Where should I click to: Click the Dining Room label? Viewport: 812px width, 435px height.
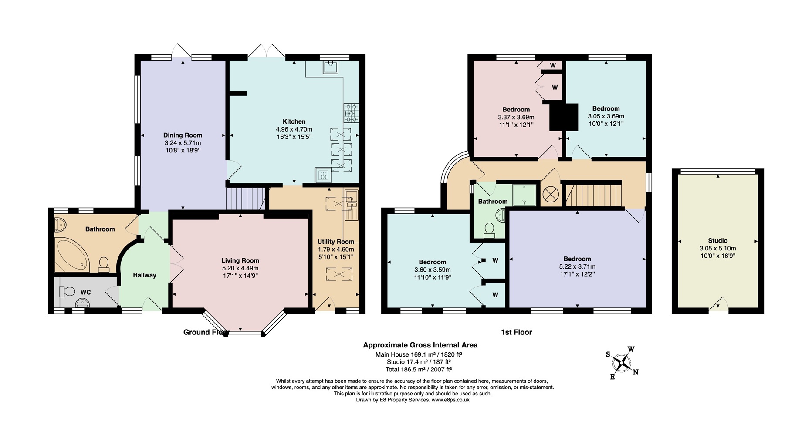[183, 135]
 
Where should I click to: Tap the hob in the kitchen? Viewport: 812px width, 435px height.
[351, 113]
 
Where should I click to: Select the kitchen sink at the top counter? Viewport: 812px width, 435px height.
[330, 67]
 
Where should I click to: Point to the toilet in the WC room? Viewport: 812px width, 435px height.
[68, 290]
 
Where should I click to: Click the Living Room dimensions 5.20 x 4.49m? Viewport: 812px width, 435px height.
[240, 268]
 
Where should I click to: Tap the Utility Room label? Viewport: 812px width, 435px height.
[335, 242]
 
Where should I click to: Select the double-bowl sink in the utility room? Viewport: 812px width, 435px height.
[351, 205]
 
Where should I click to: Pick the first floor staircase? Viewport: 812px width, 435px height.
[594, 195]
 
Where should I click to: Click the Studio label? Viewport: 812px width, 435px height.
[717, 240]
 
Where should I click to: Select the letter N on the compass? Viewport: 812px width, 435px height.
[636, 372]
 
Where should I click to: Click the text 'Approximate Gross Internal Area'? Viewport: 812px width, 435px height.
[420, 345]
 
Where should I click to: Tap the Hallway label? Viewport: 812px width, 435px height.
[145, 275]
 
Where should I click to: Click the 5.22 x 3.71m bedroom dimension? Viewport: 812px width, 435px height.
[577, 266]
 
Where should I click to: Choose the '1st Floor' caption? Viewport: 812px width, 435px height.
[516, 332]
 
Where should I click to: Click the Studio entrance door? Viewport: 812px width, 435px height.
[718, 304]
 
